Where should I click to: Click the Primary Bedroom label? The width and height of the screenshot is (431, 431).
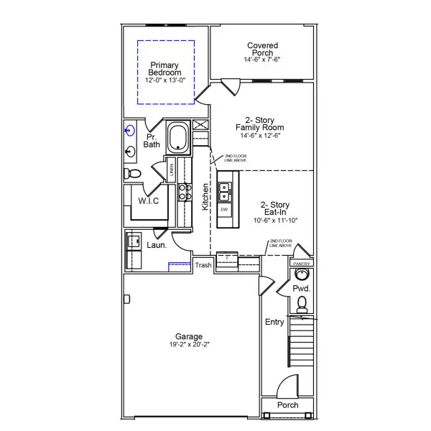[165, 68]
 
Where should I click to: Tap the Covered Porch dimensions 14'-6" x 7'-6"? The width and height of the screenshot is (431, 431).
[262, 60]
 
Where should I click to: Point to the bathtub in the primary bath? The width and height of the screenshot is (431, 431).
[177, 136]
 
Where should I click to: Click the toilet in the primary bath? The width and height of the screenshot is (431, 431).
[132, 175]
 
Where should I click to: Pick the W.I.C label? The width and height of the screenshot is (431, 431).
[149, 201]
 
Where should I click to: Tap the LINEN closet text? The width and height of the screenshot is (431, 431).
[172, 170]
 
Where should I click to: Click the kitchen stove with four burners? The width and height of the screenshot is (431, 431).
[184, 191]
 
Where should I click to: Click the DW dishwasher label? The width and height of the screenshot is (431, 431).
[224, 210]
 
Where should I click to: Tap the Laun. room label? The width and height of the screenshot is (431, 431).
[157, 245]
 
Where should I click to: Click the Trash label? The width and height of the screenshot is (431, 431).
[203, 266]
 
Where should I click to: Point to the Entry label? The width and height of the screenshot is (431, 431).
[274, 322]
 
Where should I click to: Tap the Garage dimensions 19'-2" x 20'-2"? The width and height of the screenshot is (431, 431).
[189, 345]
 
